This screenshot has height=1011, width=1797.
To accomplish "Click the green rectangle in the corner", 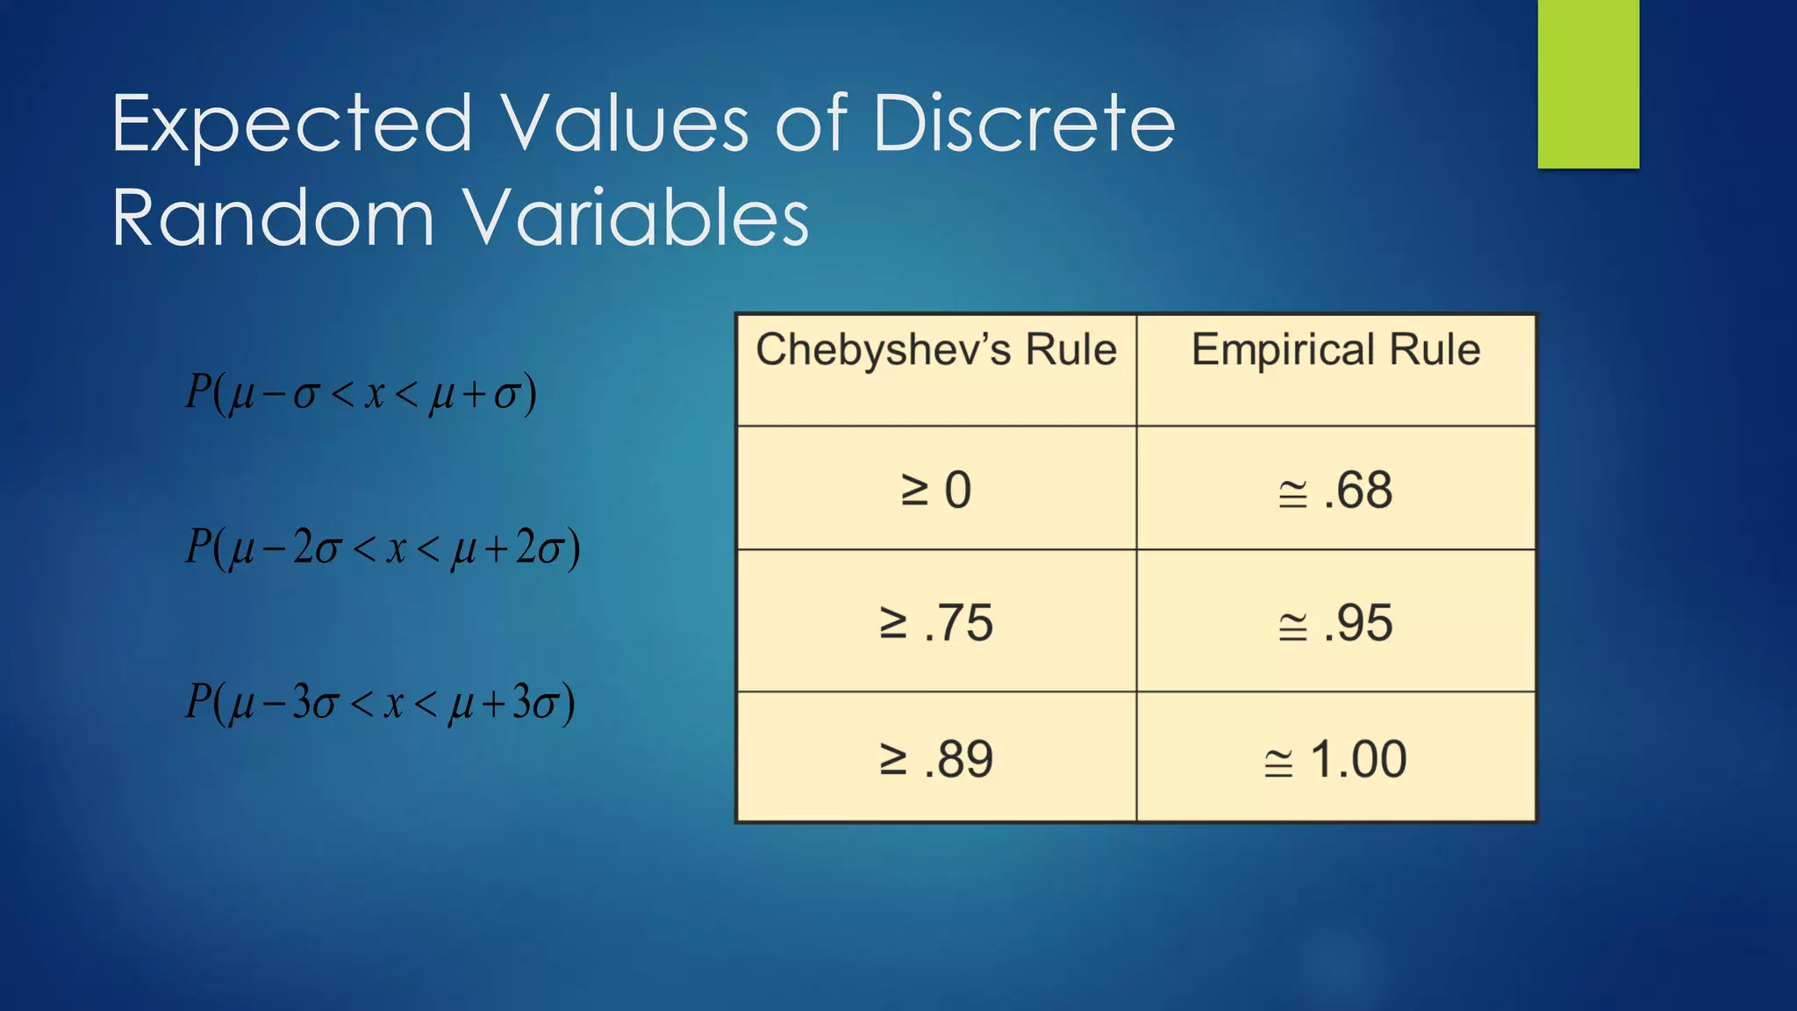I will pyautogui.click(x=1588, y=83).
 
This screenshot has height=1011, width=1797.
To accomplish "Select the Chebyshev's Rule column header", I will pyautogui.click(x=936, y=350).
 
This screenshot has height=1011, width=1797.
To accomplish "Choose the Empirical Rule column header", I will pyautogui.click(x=1335, y=350).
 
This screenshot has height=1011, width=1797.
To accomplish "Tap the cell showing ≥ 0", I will pyautogui.click(x=936, y=490).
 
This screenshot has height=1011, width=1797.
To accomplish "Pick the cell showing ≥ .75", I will pyautogui.click(x=936, y=623).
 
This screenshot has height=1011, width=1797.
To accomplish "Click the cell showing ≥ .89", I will pyautogui.click(x=936, y=759).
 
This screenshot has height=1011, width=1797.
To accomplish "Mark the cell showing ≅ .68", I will pyautogui.click(x=1335, y=490).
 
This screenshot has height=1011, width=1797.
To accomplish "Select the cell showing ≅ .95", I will pyautogui.click(x=1335, y=623).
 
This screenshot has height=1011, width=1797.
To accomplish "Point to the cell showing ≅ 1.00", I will pyautogui.click(x=1335, y=759).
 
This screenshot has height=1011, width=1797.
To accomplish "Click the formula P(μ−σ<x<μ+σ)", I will pyautogui.click(x=361, y=392).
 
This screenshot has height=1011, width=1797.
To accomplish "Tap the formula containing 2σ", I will pyautogui.click(x=383, y=548).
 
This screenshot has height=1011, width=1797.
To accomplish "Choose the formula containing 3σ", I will pyautogui.click(x=380, y=703).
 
